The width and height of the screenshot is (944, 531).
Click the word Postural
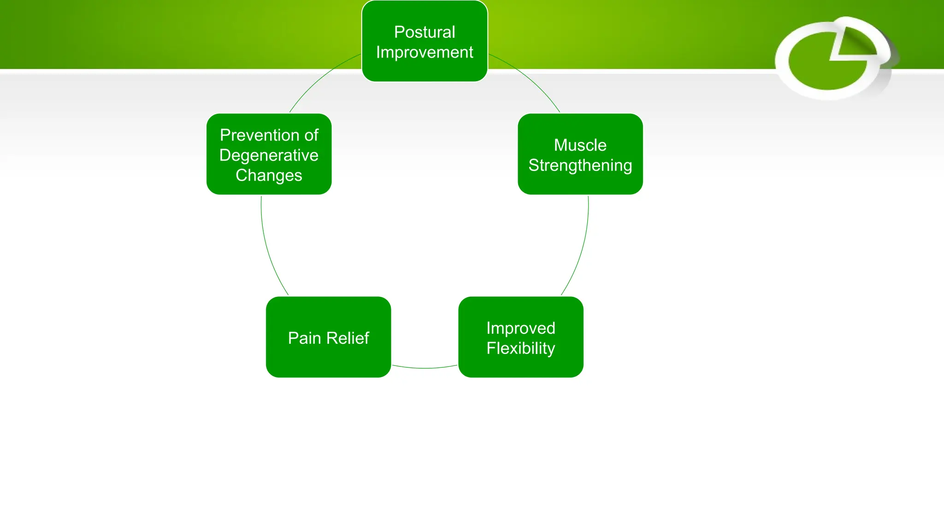425,32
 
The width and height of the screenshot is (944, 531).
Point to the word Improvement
425,53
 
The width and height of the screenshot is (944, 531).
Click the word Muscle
580,145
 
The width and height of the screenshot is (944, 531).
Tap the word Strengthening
580,165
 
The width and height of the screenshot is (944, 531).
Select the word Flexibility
520,348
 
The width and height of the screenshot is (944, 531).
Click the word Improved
520,328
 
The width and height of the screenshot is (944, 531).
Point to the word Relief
348,338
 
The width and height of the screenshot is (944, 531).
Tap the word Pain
304,338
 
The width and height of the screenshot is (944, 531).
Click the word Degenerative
269,155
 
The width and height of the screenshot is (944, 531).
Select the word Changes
269,176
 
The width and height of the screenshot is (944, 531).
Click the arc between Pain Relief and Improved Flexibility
425,368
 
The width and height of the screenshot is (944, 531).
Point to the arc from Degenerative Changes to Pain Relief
268,249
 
